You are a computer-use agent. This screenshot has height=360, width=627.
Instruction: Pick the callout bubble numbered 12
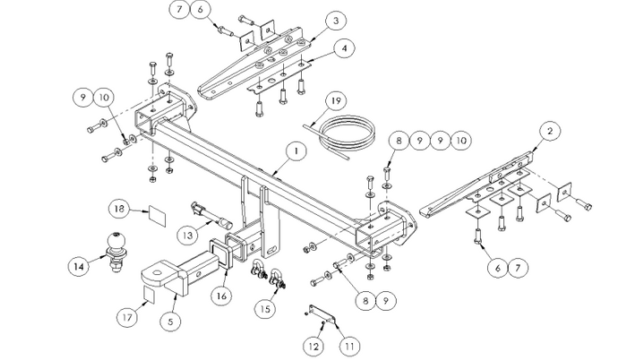coord(313,344)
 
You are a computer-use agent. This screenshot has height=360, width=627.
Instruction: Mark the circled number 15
coord(264,309)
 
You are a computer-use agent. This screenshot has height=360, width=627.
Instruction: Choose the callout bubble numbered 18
coord(117,210)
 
